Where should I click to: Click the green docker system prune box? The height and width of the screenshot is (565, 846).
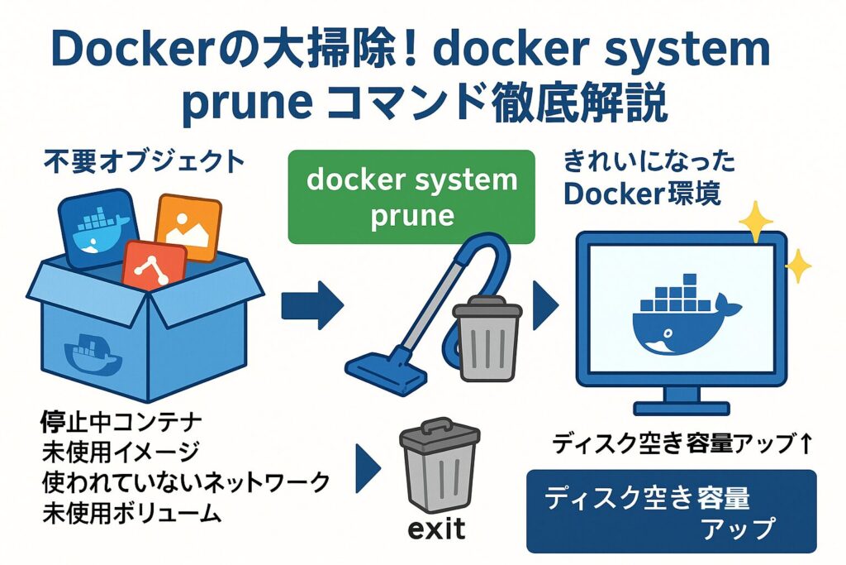411,197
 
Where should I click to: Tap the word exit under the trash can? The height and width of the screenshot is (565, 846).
437,527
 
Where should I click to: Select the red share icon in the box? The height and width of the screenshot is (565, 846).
154,270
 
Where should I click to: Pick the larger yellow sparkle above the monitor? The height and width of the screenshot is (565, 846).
755,221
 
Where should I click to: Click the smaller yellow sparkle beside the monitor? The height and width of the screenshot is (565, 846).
798,266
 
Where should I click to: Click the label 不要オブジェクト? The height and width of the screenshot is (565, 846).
144,161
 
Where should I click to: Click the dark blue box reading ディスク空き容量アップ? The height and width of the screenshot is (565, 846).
671,511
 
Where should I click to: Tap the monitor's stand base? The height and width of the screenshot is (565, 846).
681,408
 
